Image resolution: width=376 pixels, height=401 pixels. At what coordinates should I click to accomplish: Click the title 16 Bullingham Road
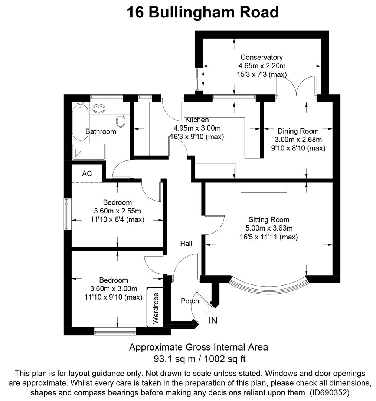coord(202,12)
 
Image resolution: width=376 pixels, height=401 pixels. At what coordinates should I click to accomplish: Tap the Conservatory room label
coord(261,58)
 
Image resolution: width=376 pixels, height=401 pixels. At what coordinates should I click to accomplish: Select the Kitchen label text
coord(197,120)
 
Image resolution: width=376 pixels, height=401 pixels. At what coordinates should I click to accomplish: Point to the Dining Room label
coord(298,131)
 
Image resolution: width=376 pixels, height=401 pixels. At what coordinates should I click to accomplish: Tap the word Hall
coord(186,244)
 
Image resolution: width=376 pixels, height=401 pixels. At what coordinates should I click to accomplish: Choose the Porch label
coord(190,301)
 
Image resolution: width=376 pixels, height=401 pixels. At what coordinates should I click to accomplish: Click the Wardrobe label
coord(156,308)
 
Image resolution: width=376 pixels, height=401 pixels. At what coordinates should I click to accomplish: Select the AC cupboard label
coord(87,174)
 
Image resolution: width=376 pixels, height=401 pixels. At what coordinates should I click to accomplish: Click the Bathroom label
coord(101,131)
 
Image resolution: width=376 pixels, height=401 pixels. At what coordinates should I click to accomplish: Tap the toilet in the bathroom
coord(120,120)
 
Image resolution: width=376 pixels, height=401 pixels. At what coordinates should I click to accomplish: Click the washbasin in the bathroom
coord(99,109)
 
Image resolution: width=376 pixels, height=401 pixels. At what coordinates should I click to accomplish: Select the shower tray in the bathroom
coord(89,152)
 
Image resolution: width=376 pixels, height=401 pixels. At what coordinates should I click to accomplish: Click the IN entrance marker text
coord(213,320)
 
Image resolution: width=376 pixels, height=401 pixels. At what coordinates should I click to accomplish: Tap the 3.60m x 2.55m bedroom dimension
coord(117,211)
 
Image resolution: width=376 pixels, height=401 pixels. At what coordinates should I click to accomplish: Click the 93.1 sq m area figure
coord(171,359)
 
